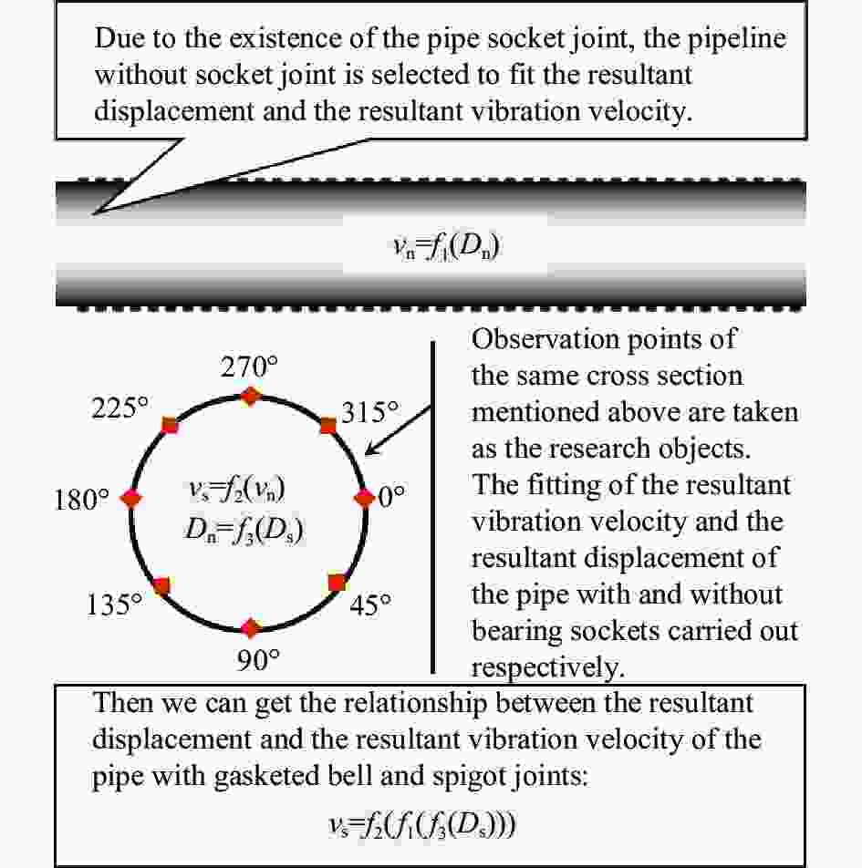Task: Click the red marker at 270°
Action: point(249,395)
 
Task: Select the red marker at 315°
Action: point(327,425)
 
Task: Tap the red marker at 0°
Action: point(364,498)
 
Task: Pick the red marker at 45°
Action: point(337,582)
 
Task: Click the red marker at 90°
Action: point(249,626)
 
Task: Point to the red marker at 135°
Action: point(162,585)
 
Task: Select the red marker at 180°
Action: point(133,498)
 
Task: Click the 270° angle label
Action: point(249,367)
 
